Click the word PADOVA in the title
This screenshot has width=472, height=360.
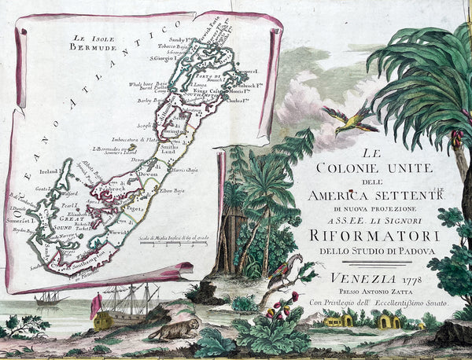pyautogui.click(x=407, y=253)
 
